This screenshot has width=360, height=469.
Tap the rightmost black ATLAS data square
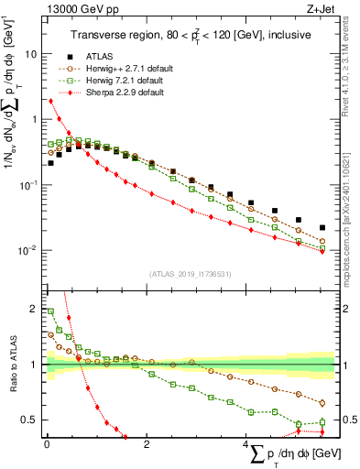tap(322, 228)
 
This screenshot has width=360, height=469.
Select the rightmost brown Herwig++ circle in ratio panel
tap(322, 403)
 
